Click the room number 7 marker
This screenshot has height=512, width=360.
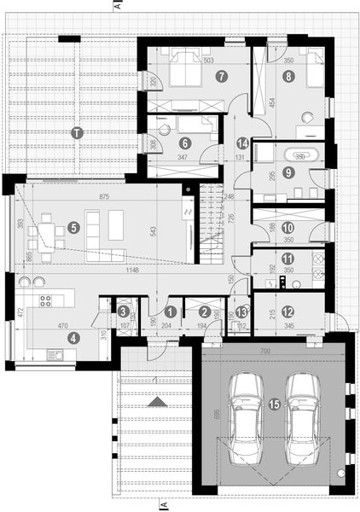click(221, 76)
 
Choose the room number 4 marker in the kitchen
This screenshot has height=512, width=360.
click(73, 337)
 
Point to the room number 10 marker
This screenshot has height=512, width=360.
click(287, 228)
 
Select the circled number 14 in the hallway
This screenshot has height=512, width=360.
click(242, 143)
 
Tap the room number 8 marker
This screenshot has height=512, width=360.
click(288, 76)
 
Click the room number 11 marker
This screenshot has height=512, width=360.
click(287, 259)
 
